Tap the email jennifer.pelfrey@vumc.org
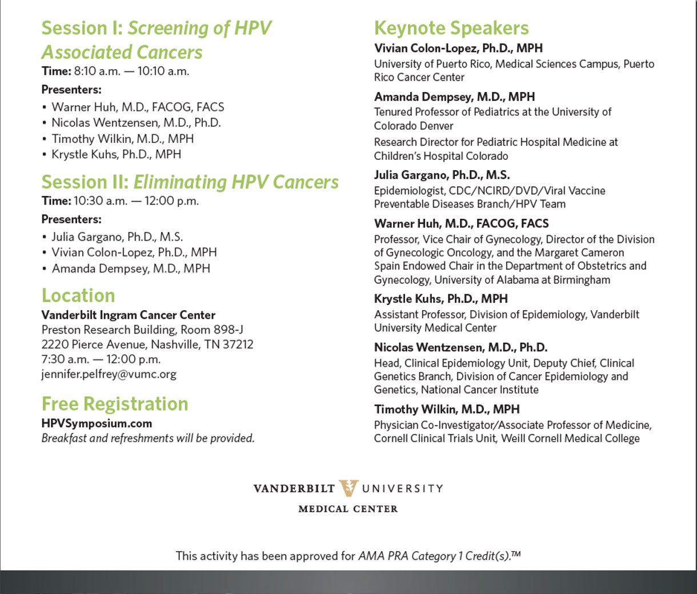coord(109,374)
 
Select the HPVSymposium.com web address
coord(97,423)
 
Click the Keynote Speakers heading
coord(451,28)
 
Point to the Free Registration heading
coord(115,404)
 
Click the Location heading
coord(78,296)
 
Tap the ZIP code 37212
coord(238,344)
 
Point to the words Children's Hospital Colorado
coord(441,156)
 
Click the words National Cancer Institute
coord(480,390)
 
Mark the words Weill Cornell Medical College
coord(570,438)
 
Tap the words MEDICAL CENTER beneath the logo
coord(348,509)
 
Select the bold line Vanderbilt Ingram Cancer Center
coord(129,315)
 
